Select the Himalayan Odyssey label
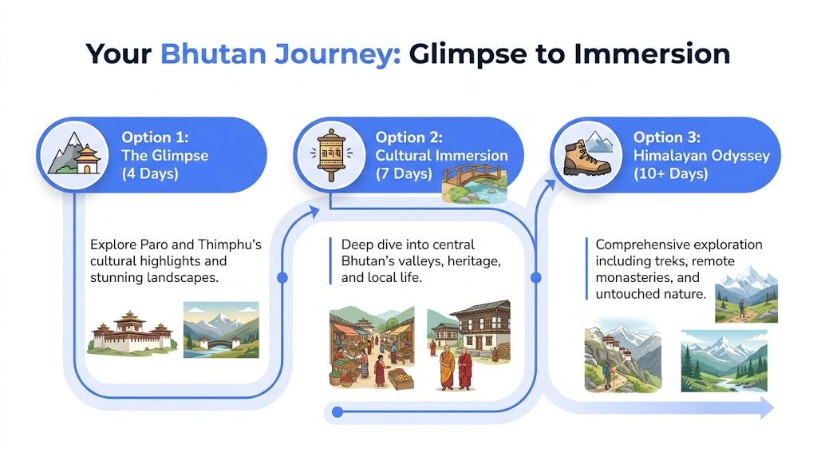pos(701,155)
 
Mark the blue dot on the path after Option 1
pos(282,278)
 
